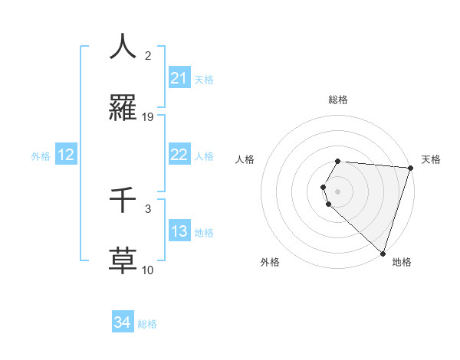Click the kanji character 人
pos(123,47)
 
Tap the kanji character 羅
pos(123,108)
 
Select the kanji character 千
pos(123,200)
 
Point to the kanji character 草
pos(123,260)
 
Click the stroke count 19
pos(148,117)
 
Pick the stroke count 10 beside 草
pos(148,270)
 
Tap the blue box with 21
pos(179,78)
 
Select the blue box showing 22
pos(179,155)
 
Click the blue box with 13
pos(179,231)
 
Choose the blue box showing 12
pos(66,155)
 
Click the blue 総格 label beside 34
pos(147,324)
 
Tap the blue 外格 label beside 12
pos(41,156)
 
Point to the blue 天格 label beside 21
pos(204,80)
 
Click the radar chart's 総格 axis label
pos(338,100)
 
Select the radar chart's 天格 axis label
pos(431,159)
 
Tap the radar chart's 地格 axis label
pos(402,262)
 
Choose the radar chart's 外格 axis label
pos(270,262)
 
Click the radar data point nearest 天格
pos(410,168)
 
